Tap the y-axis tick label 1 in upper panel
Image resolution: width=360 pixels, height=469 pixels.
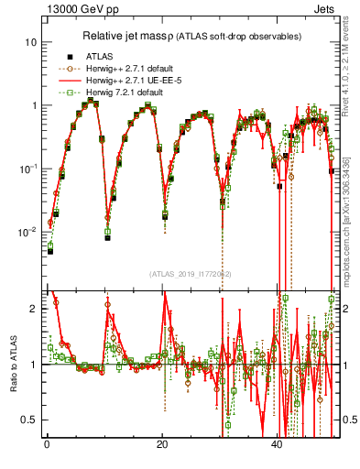click(33, 105)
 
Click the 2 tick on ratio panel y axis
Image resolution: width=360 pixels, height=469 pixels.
click(33, 309)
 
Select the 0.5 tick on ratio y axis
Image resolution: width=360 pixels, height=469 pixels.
click(29, 420)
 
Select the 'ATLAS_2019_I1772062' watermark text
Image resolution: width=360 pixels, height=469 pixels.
click(190, 273)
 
